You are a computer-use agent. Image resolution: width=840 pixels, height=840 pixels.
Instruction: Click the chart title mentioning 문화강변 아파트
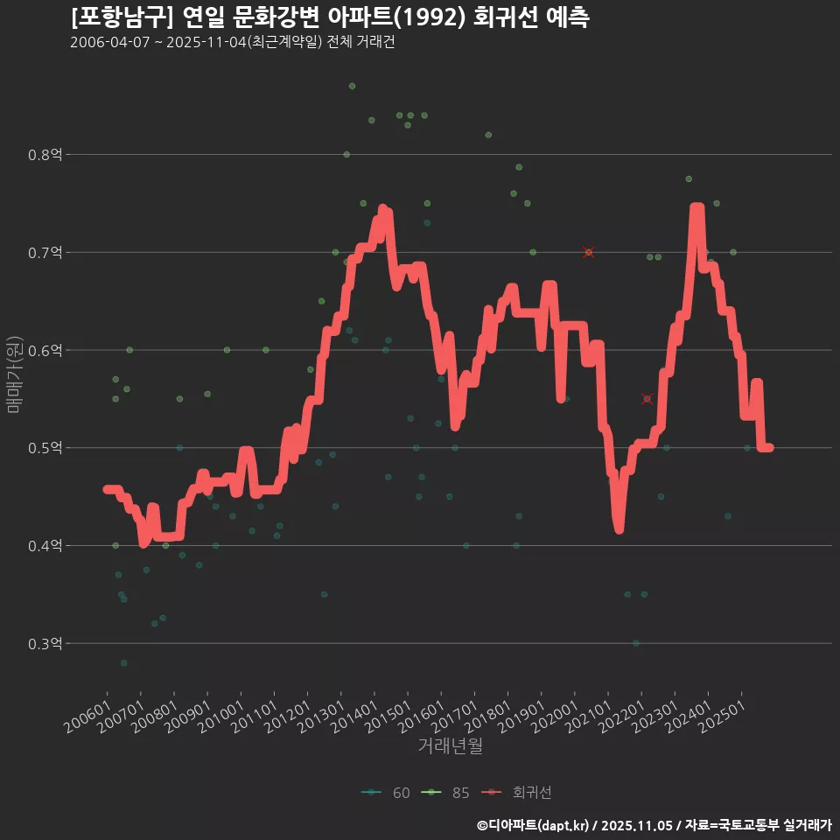click(x=329, y=17)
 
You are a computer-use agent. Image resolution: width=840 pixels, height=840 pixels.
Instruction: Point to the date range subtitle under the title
click(x=232, y=43)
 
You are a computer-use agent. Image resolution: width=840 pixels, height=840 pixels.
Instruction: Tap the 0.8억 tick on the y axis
click(x=45, y=155)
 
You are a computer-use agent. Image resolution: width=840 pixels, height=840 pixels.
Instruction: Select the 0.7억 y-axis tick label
click(x=45, y=253)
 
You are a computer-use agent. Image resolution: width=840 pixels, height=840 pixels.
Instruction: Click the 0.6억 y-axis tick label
click(x=45, y=351)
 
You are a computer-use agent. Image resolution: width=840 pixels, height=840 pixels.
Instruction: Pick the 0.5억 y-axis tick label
click(x=45, y=448)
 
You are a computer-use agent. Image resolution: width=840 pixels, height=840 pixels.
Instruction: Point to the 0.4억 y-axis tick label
click(x=45, y=546)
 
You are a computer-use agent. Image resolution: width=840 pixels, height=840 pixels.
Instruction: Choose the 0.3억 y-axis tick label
click(x=45, y=644)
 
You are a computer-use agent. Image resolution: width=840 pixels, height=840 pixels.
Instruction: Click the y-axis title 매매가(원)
click(x=14, y=375)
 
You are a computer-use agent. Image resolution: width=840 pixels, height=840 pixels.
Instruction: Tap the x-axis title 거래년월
click(x=450, y=746)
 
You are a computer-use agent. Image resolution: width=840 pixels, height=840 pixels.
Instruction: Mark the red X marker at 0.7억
click(x=588, y=253)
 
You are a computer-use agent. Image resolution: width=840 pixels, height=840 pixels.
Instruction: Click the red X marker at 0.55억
click(x=647, y=399)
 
